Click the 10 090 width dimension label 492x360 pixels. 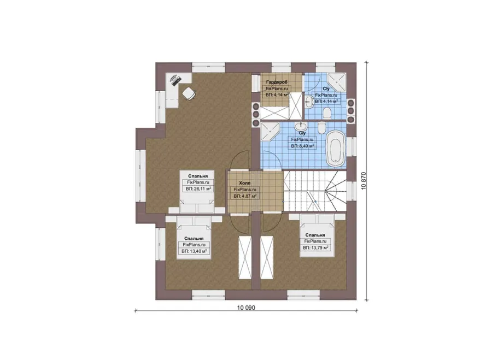click(x=246, y=308)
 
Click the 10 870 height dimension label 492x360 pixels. click(x=364, y=181)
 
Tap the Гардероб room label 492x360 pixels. click(x=277, y=82)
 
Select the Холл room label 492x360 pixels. click(x=245, y=183)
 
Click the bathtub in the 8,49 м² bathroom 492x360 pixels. click(x=336, y=148)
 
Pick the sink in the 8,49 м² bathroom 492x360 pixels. click(x=301, y=126)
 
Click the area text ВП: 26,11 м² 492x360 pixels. click(x=198, y=189)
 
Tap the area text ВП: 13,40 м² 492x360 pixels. click(x=194, y=251)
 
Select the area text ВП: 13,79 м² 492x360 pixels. click(x=315, y=247)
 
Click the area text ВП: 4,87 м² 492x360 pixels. click(x=245, y=196)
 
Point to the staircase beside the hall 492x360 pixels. click(x=315, y=191)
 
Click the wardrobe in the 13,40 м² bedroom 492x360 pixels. click(x=245, y=257)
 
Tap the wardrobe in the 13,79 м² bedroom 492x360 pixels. click(x=267, y=257)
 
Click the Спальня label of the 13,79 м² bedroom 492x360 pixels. click(x=315, y=235)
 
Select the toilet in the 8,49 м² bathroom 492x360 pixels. click(x=321, y=127)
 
